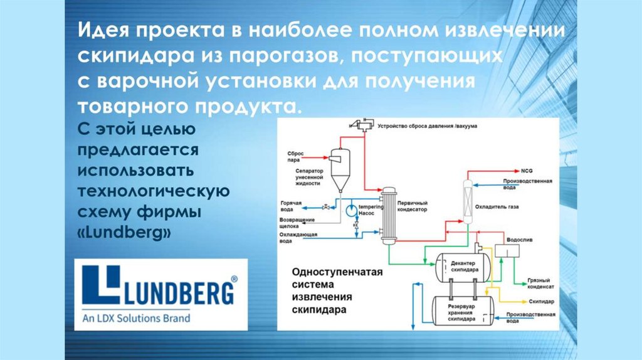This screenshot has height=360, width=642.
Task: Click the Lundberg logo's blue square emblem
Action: (x=100, y=285)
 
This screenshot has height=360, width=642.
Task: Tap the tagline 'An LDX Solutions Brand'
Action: (x=136, y=319)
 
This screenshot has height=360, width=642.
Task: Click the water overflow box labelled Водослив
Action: (x=506, y=249)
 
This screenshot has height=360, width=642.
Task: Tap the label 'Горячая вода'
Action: (x=291, y=206)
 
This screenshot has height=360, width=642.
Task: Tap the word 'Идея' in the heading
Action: (x=101, y=31)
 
